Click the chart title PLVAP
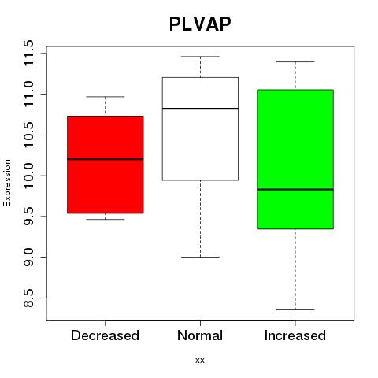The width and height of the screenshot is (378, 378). click(200, 24)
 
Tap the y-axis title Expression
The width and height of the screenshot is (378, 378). click(7, 183)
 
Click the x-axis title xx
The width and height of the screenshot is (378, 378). click(200, 361)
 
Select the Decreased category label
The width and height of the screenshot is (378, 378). click(105, 335)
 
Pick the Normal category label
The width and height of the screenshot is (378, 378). click(200, 335)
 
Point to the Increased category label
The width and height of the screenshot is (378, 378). click(295, 335)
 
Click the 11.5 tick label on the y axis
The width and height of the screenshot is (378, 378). click(28, 54)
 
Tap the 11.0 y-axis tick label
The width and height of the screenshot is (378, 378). click(28, 94)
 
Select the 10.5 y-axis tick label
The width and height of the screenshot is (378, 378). click(28, 135)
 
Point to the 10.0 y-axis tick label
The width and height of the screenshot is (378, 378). click(28, 176)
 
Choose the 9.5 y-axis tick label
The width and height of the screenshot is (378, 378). click(28, 217)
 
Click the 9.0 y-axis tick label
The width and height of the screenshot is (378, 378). click(28, 257)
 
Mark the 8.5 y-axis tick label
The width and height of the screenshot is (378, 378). click(28, 298)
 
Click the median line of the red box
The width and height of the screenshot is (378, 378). click(106, 159)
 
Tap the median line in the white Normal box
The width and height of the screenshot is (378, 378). click(200, 109)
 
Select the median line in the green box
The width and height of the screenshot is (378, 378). click(295, 189)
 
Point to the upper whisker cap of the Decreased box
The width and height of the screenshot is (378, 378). click(106, 97)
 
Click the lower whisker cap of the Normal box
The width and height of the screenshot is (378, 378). click(200, 257)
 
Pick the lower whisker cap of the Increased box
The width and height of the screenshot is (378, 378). click(295, 309)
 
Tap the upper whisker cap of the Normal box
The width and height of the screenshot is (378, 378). click(200, 57)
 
